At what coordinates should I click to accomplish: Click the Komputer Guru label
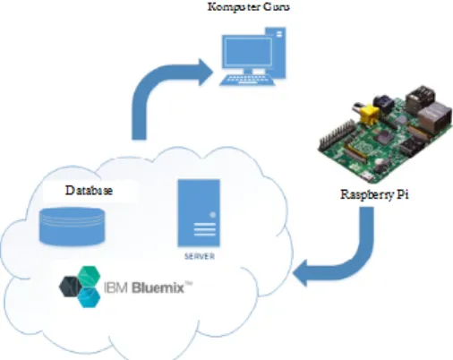[x=249, y=6]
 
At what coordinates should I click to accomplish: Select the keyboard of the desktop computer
[x=247, y=81]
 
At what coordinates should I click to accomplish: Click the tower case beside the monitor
[x=277, y=52]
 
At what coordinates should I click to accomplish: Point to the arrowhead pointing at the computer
[x=206, y=73]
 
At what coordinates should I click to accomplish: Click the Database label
[x=89, y=191]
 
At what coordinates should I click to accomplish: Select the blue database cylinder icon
[x=73, y=227]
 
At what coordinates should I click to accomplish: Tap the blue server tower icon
[x=199, y=213]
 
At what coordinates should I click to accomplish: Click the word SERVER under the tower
[x=200, y=256]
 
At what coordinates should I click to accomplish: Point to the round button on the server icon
[x=213, y=215]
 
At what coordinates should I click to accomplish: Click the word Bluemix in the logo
[x=158, y=287]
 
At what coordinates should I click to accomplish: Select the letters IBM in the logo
[x=116, y=288]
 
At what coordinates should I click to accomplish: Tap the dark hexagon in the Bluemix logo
[x=71, y=287]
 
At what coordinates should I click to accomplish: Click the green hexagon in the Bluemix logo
[x=89, y=276]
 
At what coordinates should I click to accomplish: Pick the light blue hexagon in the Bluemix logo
[x=89, y=297]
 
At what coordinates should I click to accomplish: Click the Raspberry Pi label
[x=374, y=194]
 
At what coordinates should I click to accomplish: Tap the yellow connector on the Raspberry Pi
[x=370, y=114]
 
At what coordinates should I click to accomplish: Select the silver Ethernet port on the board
[x=434, y=117]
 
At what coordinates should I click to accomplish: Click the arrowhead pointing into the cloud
[x=300, y=273]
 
